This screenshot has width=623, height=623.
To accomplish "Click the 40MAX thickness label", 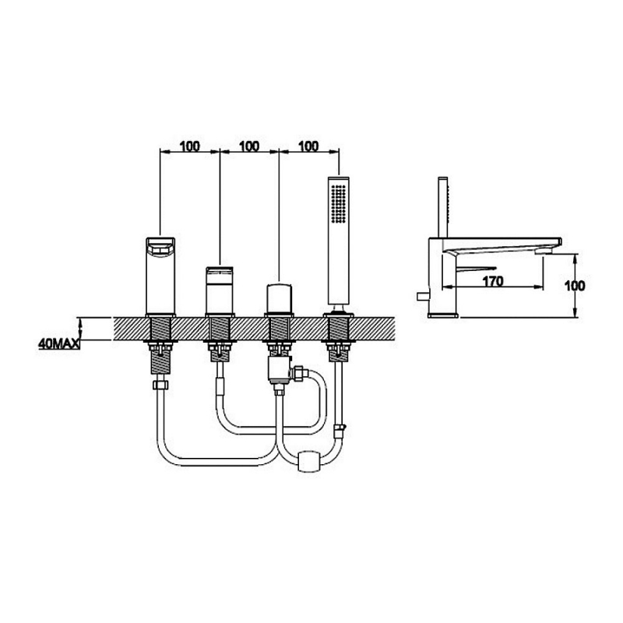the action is pyautogui.click(x=59, y=343).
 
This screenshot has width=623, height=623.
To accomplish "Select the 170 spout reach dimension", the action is pyautogui.click(x=493, y=281).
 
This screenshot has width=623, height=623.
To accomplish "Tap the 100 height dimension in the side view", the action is pyautogui.click(x=575, y=285).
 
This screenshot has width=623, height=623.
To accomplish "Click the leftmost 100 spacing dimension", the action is pyautogui.click(x=190, y=146).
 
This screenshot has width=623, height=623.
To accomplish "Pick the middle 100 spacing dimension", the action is pyautogui.click(x=249, y=146).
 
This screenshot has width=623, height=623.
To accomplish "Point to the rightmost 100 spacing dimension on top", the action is pyautogui.click(x=308, y=146).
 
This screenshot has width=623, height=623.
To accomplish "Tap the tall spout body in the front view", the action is pyautogui.click(x=160, y=276).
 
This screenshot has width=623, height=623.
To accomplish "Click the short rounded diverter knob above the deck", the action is pyautogui.click(x=279, y=299).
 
